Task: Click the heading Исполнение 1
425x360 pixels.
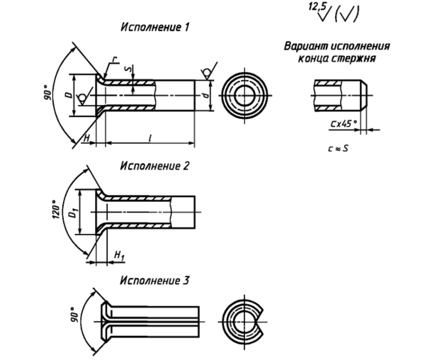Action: tap(154, 27)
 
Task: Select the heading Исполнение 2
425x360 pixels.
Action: tap(154, 166)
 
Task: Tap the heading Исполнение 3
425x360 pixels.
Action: tap(154, 281)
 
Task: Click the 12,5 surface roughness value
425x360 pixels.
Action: tap(317, 6)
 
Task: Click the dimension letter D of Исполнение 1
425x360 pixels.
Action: tap(69, 95)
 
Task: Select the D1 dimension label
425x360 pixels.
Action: tap(72, 213)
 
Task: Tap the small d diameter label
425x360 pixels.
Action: tap(206, 96)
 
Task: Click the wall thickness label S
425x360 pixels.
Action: tap(130, 68)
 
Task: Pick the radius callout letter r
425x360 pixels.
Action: tap(115, 59)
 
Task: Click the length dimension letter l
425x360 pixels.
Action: tap(150, 137)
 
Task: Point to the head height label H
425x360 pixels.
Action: tap(86, 137)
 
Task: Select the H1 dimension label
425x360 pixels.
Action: tap(119, 256)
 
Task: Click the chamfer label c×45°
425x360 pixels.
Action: tap(344, 123)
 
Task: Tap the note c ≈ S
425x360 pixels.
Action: tap(338, 148)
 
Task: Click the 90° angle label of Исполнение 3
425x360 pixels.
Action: tap(74, 315)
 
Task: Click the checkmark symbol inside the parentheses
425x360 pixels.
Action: tap(346, 15)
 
